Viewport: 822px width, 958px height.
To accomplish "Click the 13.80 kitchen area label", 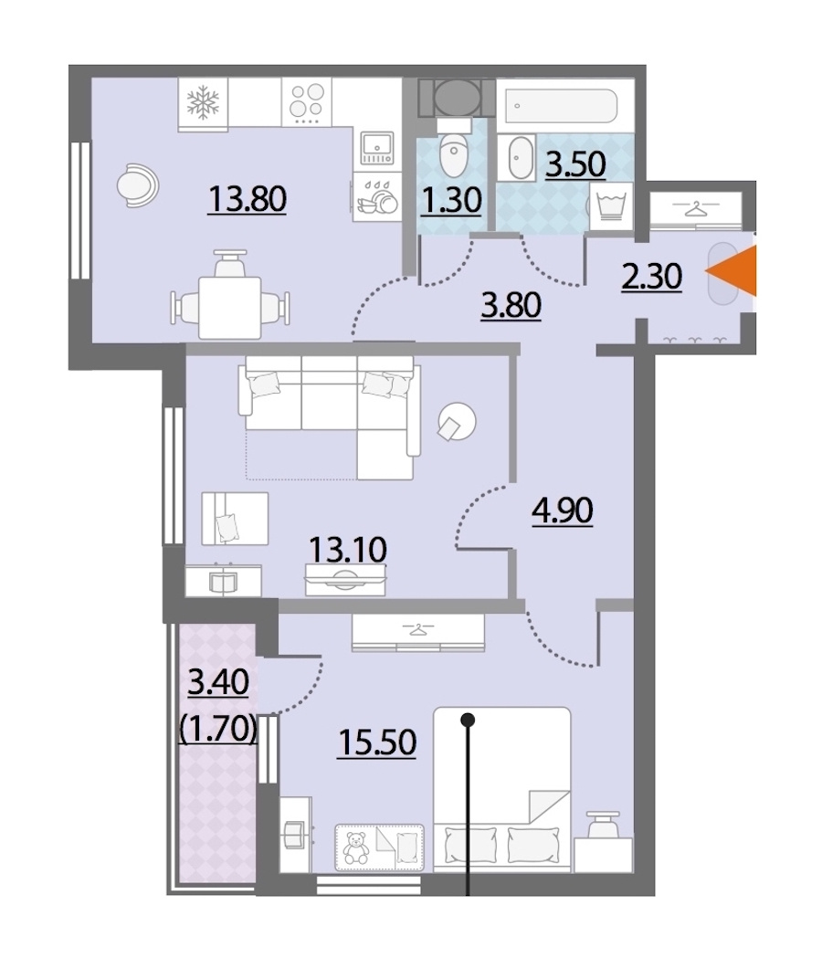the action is point(247,199).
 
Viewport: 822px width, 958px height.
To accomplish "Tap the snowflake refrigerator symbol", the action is point(203,101).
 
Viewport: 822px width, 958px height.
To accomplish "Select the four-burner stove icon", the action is point(306,102).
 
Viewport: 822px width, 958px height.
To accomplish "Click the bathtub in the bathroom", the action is point(561,105).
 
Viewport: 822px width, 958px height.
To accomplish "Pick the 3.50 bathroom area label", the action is point(575,165).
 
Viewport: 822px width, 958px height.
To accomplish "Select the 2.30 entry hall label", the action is point(651,277).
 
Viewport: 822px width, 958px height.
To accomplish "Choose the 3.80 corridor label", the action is point(511,306).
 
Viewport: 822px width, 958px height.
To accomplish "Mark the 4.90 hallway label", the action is point(563,511).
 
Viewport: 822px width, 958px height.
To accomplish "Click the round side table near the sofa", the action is point(457,422).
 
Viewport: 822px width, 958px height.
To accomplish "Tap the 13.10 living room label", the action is point(348,549).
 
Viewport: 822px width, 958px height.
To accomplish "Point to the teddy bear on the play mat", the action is point(355,847).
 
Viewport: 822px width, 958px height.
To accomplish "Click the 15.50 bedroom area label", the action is point(377,743).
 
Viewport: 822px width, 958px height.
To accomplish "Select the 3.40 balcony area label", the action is point(218,682).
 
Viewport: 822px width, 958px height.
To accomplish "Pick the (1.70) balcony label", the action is point(217,728).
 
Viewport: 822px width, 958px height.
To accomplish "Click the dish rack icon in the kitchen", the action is point(376,197).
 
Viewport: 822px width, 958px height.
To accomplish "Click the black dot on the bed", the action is point(469,720).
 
